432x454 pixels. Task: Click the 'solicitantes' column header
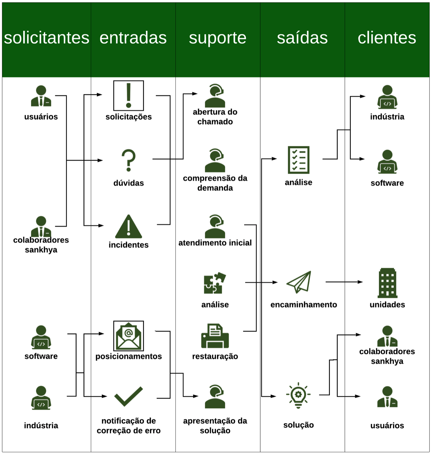click(46, 38)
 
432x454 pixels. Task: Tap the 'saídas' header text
click(302, 38)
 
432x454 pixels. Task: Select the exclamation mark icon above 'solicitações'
click(129, 96)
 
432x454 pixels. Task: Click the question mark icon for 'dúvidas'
click(129, 160)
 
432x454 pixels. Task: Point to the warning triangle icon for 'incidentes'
click(129, 227)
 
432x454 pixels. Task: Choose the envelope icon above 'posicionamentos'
click(129, 336)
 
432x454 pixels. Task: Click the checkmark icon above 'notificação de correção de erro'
click(129, 396)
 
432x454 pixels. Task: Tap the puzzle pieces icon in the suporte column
click(215, 283)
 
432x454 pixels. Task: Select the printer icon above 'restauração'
click(215, 336)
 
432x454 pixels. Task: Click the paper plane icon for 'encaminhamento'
click(298, 282)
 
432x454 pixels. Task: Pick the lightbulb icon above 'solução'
click(298, 395)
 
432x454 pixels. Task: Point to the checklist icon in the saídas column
click(298, 160)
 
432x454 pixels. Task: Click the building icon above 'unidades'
click(387, 283)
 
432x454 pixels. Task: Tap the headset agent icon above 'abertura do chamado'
click(215, 96)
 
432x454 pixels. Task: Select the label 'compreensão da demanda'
click(215, 183)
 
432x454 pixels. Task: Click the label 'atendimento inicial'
click(215, 243)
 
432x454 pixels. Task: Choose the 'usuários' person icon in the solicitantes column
click(41, 96)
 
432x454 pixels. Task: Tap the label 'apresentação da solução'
click(215, 426)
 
